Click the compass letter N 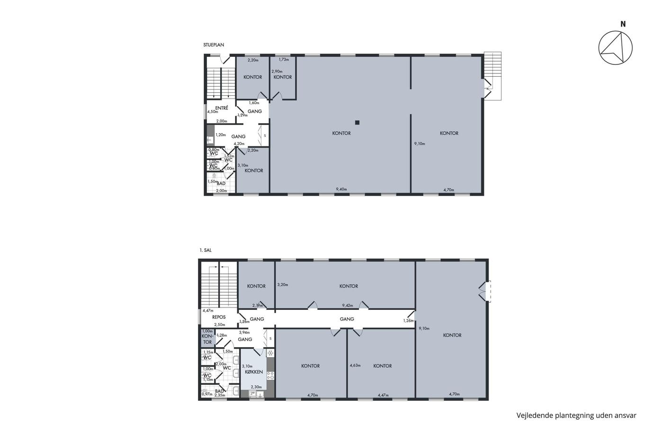coord(623,24)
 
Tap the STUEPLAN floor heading coord(214,45)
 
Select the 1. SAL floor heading coord(206,250)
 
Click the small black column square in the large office coord(357,122)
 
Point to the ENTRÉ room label coord(222,108)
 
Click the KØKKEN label coord(254,372)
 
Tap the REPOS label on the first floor coord(219,317)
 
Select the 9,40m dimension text coord(341,189)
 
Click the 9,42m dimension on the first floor coord(348,305)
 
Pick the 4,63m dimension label coord(355,365)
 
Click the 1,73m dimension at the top coord(284,59)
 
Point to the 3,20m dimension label coord(283,285)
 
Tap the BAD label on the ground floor coord(221,183)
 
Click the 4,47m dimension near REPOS coord(208,311)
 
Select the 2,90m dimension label coord(277,72)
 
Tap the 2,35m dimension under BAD coord(220,395)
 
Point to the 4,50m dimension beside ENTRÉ coord(213,112)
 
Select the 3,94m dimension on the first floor coord(244,333)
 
